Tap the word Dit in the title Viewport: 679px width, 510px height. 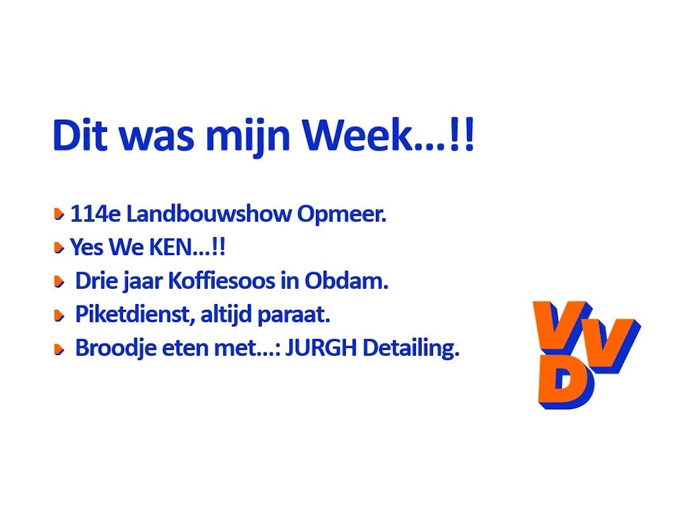click(80, 135)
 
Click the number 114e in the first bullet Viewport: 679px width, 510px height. click(95, 214)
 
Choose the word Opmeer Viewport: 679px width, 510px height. click(341, 215)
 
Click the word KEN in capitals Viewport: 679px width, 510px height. click(170, 247)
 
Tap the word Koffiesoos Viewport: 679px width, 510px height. click(221, 280)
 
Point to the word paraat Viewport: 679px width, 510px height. click(294, 315)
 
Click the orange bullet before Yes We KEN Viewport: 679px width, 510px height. click(59, 247)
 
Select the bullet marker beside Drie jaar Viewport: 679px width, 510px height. click(59, 282)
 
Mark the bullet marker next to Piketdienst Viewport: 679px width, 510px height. click(59, 316)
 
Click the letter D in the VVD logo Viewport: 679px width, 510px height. click(565, 386)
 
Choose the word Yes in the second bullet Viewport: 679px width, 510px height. click(86, 247)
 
